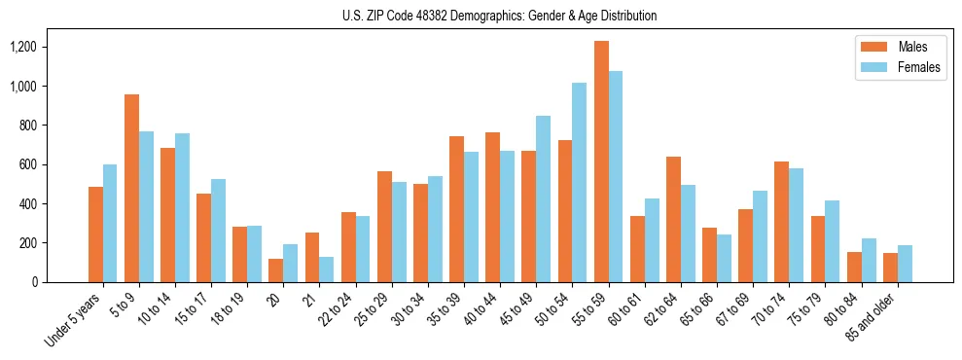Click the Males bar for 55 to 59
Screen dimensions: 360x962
(x=601, y=162)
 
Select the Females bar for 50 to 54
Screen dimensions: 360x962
(x=580, y=182)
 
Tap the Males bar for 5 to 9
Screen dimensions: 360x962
(x=131, y=188)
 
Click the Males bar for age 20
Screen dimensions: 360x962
(x=276, y=270)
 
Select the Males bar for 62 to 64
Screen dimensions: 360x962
(x=673, y=219)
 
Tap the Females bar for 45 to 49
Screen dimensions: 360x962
(x=544, y=198)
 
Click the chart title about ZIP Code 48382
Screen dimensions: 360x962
(x=499, y=16)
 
